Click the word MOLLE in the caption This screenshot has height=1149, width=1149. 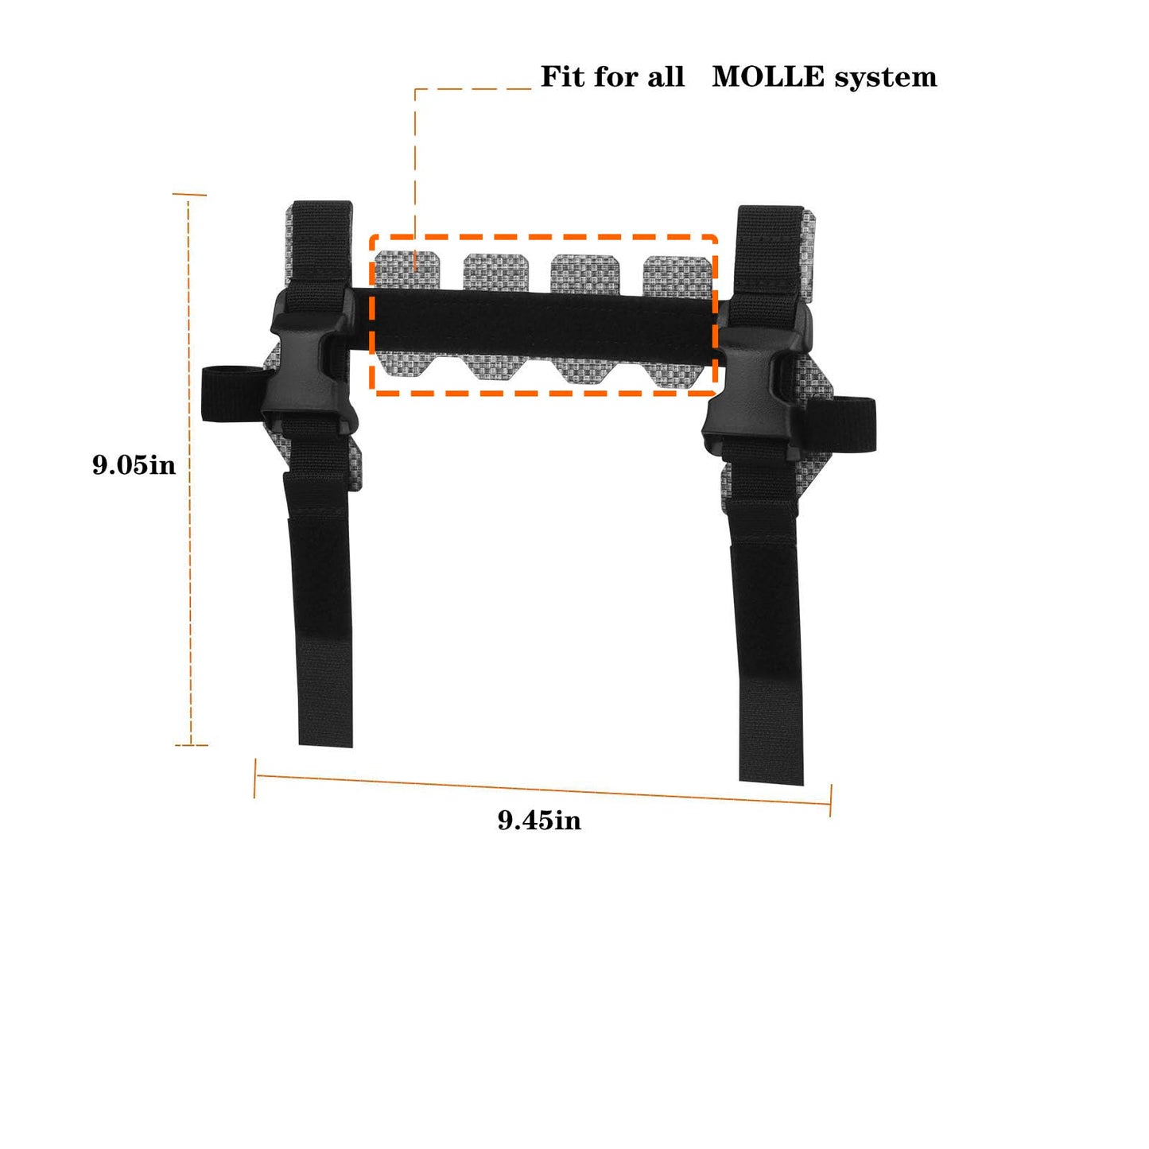(x=767, y=77)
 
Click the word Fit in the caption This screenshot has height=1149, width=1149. (x=561, y=77)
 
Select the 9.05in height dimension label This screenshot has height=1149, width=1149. (x=134, y=464)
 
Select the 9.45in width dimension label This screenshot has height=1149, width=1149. (x=539, y=820)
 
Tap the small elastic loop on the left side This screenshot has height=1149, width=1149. (x=227, y=394)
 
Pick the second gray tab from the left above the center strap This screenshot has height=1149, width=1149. (x=496, y=271)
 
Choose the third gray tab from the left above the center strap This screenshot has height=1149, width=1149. (x=585, y=273)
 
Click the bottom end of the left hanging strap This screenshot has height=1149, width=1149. (x=326, y=736)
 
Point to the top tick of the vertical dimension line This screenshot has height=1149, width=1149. (x=189, y=194)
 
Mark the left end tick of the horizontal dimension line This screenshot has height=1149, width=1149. (x=255, y=778)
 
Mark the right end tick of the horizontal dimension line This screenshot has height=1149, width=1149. (x=830, y=800)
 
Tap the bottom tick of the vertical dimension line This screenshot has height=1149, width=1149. (x=191, y=745)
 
